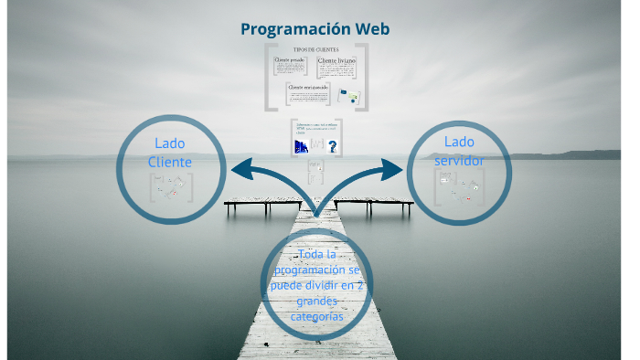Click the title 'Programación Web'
315,29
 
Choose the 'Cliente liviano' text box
336,65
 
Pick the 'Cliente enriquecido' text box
307,90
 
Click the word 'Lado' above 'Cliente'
170,143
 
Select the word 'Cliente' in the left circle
170,162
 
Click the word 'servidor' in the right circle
459,160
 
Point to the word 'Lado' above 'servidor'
459,142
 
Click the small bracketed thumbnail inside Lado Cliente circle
171,187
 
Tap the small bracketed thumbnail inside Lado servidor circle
460,186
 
